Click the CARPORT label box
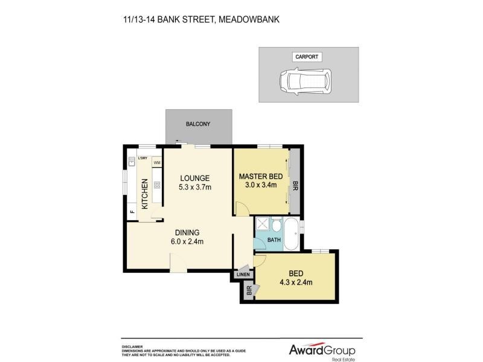click(x=306, y=57)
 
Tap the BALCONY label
click(x=198, y=124)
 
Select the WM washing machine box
click(x=156, y=162)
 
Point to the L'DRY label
click(x=143, y=159)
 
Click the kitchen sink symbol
click(x=131, y=161)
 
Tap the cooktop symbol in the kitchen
click(x=156, y=185)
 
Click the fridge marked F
click(x=132, y=212)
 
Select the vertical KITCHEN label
click(x=145, y=194)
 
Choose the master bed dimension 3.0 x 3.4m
click(x=258, y=185)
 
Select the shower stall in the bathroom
click(x=262, y=226)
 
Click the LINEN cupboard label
click(x=243, y=275)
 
